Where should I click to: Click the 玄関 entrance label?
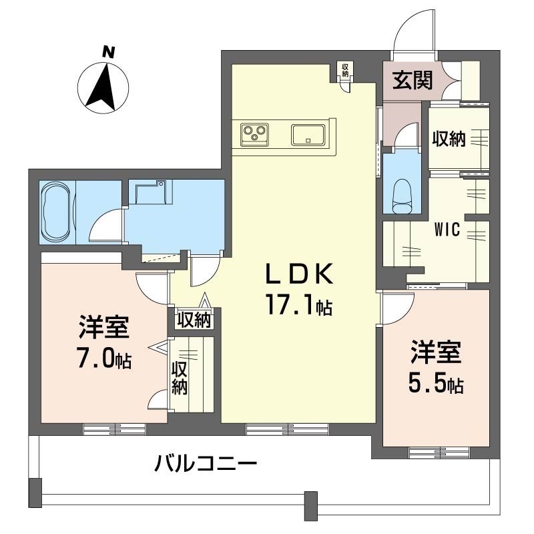pyautogui.click(x=412, y=80)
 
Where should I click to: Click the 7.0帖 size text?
pyautogui.click(x=103, y=360)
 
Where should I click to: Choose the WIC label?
pyautogui.click(x=447, y=230)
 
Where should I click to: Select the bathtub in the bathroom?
pyautogui.click(x=57, y=213)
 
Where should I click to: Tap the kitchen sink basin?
pyautogui.click(x=308, y=134)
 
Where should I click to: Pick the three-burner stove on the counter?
pyautogui.click(x=254, y=134)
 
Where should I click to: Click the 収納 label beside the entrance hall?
pyautogui.click(x=449, y=139)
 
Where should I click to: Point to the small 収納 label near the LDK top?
pyautogui.click(x=345, y=69)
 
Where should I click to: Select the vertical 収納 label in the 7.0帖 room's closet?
pyautogui.click(x=179, y=378)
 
